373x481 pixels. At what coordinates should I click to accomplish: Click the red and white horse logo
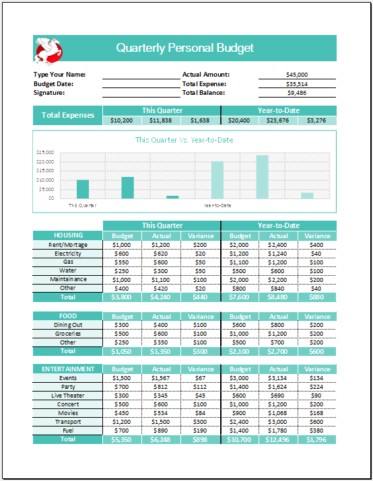pos(48,48)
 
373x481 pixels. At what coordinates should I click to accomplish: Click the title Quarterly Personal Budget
pos(185,48)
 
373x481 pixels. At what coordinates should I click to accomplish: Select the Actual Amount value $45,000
pos(297,75)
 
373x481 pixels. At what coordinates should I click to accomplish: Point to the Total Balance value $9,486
pos(297,93)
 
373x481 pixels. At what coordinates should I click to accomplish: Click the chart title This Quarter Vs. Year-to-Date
pos(184,140)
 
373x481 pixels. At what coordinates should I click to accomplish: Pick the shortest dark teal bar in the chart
pos(172,197)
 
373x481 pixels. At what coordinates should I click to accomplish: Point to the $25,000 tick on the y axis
pos(46,152)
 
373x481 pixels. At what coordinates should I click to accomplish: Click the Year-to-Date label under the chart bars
pos(217,205)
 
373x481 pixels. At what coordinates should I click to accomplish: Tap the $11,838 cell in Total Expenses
pos(161,120)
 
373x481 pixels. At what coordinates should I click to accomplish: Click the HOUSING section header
pos(68,235)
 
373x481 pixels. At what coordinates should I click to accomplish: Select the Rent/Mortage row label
pos(68,245)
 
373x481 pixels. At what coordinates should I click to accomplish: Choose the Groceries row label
pos(68,334)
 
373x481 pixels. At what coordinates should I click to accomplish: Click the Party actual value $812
pos(162,387)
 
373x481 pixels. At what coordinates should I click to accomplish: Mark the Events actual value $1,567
pos(162,379)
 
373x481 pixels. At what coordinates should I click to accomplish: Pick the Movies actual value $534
pos(162,413)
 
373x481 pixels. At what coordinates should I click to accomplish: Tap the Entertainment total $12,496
pos(279,439)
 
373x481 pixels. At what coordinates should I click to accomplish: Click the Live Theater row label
pos(68,396)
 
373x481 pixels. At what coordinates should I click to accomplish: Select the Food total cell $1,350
pos(162,351)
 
